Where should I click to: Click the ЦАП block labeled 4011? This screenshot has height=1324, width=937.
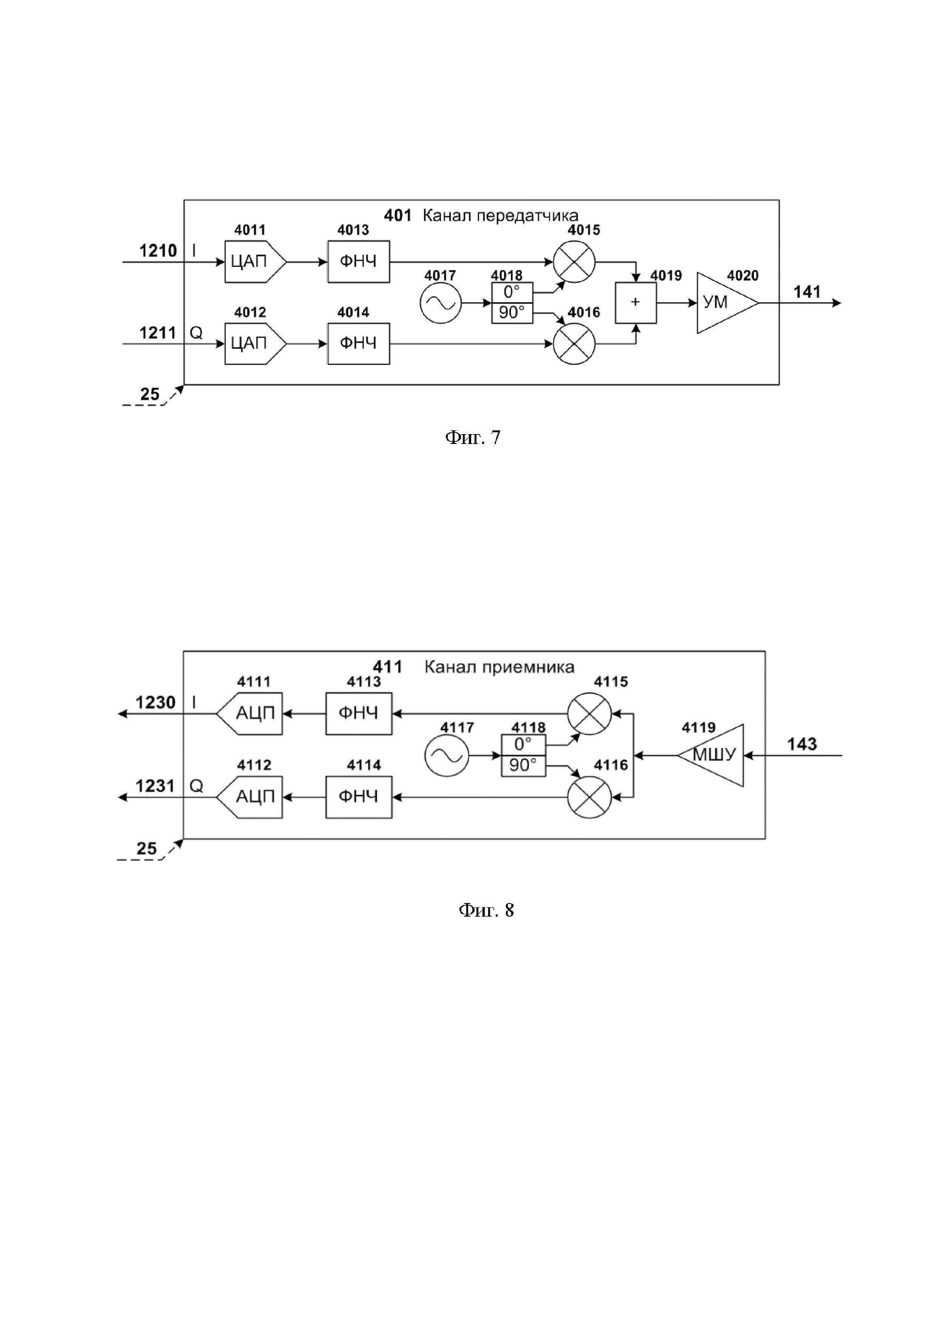(254, 262)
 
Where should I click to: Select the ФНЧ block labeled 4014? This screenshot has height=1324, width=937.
(358, 344)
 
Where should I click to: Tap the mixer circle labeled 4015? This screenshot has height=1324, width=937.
(574, 262)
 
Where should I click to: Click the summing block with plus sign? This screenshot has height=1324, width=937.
(635, 303)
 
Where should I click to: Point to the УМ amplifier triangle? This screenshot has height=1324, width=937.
(721, 303)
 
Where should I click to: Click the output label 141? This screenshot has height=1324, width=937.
(807, 292)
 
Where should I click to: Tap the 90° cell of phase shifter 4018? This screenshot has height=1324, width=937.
(512, 313)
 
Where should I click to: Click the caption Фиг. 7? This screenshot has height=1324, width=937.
(473, 438)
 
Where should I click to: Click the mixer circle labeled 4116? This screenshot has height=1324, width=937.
(589, 797)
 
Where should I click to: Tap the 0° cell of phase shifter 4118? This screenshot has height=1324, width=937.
(523, 744)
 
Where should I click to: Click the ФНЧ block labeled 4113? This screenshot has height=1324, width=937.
(358, 713)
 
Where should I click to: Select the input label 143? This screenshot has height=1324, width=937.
(802, 744)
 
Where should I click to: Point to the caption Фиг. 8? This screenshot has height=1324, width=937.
(486, 911)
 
